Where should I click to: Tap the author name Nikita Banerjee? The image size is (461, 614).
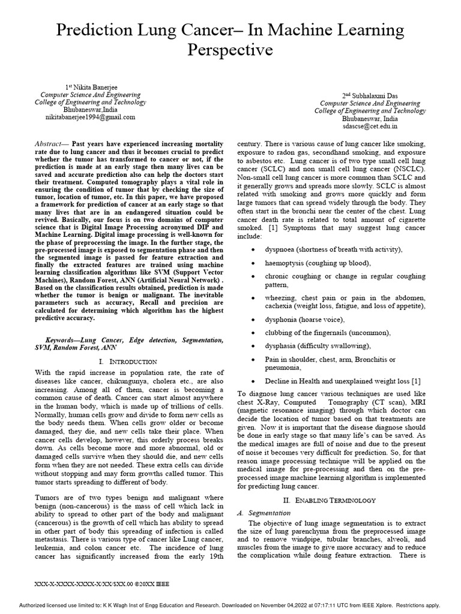click(94, 87)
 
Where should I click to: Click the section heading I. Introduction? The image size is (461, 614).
click(128, 362)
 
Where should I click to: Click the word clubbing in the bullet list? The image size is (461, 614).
click(279, 332)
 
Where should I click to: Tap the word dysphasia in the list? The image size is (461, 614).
click(283, 346)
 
